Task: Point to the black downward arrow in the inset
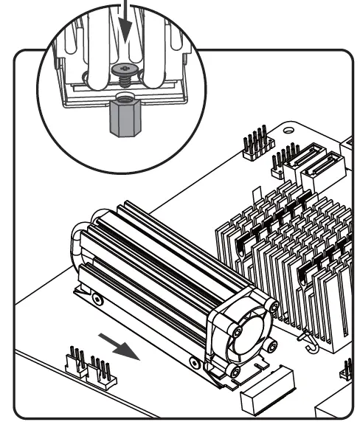click(x=125, y=25)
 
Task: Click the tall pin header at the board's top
click(x=255, y=145)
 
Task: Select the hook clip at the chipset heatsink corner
click(x=307, y=340)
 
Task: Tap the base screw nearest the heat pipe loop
click(x=96, y=299)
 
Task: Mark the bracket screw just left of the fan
click(x=193, y=362)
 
